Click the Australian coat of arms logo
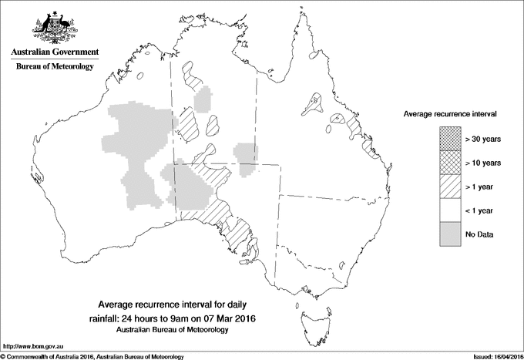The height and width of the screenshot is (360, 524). [x=55, y=27]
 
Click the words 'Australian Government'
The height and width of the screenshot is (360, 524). [x=55, y=52]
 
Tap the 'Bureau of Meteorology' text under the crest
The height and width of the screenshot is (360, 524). [x=55, y=67]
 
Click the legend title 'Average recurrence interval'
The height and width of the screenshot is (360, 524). [x=450, y=113]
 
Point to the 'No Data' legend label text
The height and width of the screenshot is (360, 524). [x=479, y=234]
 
